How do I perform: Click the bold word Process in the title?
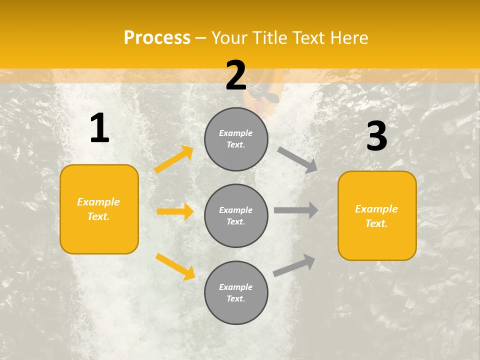click(157, 38)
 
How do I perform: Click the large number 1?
click(99, 128)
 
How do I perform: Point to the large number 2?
click(236, 75)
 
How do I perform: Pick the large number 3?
click(376, 136)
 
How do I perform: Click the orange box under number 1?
click(99, 209)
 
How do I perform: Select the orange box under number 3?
click(377, 215)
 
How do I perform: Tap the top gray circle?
click(236, 139)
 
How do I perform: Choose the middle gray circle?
click(236, 215)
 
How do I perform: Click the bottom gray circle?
click(236, 292)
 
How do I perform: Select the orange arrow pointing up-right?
click(174, 159)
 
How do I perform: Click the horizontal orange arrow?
click(175, 211)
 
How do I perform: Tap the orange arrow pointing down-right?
click(175, 266)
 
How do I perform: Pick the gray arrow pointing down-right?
click(297, 159)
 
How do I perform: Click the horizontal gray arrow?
click(296, 210)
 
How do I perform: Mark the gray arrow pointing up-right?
click(294, 265)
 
